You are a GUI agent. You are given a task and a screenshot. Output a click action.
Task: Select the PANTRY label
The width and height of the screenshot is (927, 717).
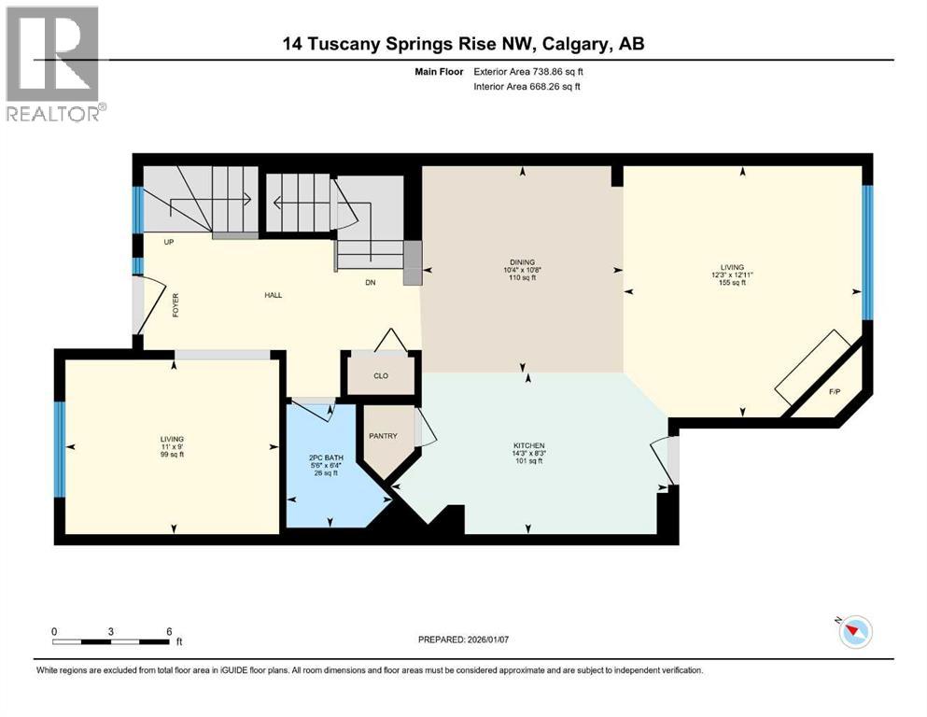coord(383,436)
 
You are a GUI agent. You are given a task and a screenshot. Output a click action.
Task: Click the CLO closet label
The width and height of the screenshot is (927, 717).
coord(380,376)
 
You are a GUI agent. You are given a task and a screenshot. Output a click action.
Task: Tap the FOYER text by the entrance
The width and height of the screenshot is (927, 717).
coord(175,305)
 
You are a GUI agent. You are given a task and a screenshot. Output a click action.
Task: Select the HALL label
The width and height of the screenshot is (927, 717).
coord(273,295)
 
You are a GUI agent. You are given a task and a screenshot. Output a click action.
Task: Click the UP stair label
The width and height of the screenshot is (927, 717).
coord(170,242)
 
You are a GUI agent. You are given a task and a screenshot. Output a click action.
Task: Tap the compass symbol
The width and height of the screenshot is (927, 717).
coord(854,632)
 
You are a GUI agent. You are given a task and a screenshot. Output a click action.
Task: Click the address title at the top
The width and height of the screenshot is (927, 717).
coord(464,43)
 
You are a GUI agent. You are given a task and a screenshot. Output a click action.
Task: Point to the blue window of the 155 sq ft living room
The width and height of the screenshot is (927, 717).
coord(865,251)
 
